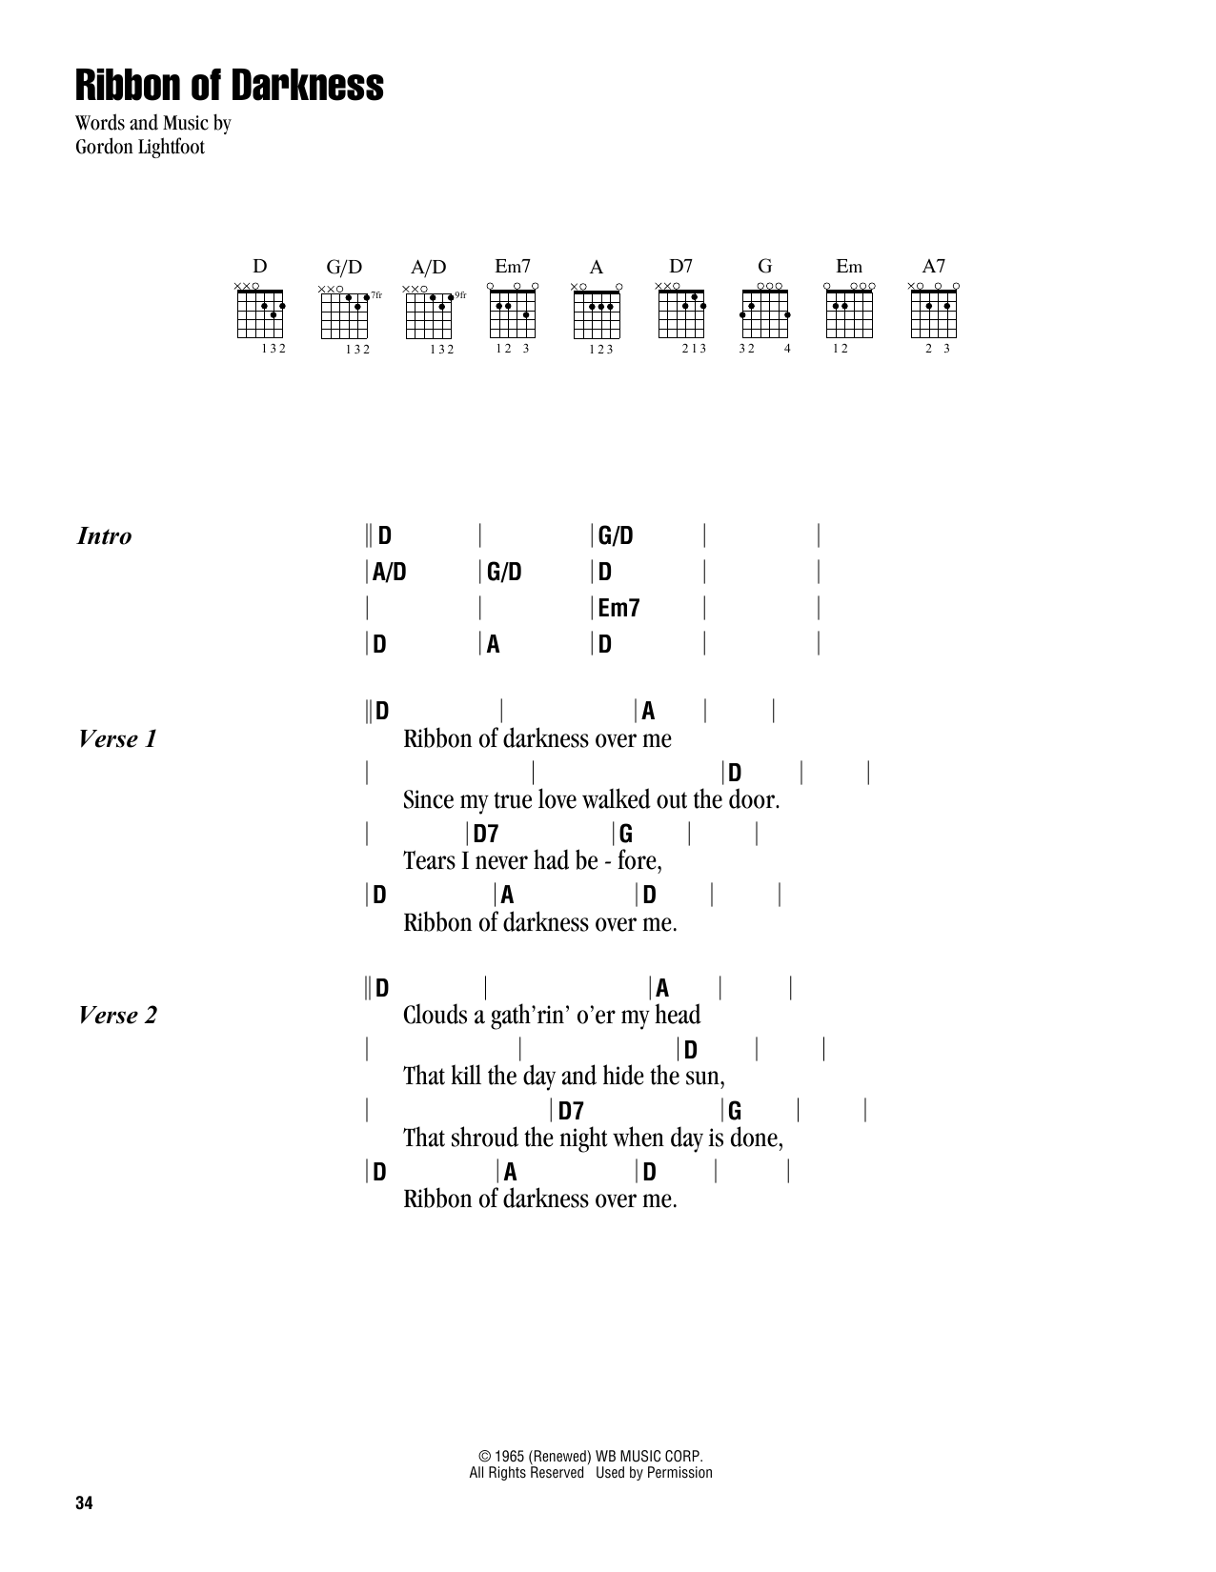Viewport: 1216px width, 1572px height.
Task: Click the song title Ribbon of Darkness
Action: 230,86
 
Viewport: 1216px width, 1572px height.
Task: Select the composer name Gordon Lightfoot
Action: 140,148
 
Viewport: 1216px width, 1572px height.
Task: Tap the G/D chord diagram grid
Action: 344,314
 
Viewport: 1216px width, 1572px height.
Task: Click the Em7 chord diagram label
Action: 512,267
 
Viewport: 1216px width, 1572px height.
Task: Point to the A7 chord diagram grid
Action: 934,314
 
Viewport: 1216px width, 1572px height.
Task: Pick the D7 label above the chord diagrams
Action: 680,267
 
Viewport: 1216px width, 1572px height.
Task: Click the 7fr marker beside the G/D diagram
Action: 376,295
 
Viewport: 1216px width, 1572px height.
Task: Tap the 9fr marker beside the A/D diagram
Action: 461,295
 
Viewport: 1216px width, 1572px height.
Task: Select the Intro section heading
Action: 104,536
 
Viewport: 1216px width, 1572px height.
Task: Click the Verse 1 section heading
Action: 117,738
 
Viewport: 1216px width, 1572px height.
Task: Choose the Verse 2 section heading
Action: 117,1015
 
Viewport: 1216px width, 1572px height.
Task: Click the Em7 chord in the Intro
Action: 618,608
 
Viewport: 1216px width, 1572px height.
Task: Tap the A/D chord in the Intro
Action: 389,573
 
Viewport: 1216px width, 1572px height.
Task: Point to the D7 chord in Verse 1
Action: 486,834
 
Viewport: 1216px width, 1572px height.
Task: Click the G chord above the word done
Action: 734,1111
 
